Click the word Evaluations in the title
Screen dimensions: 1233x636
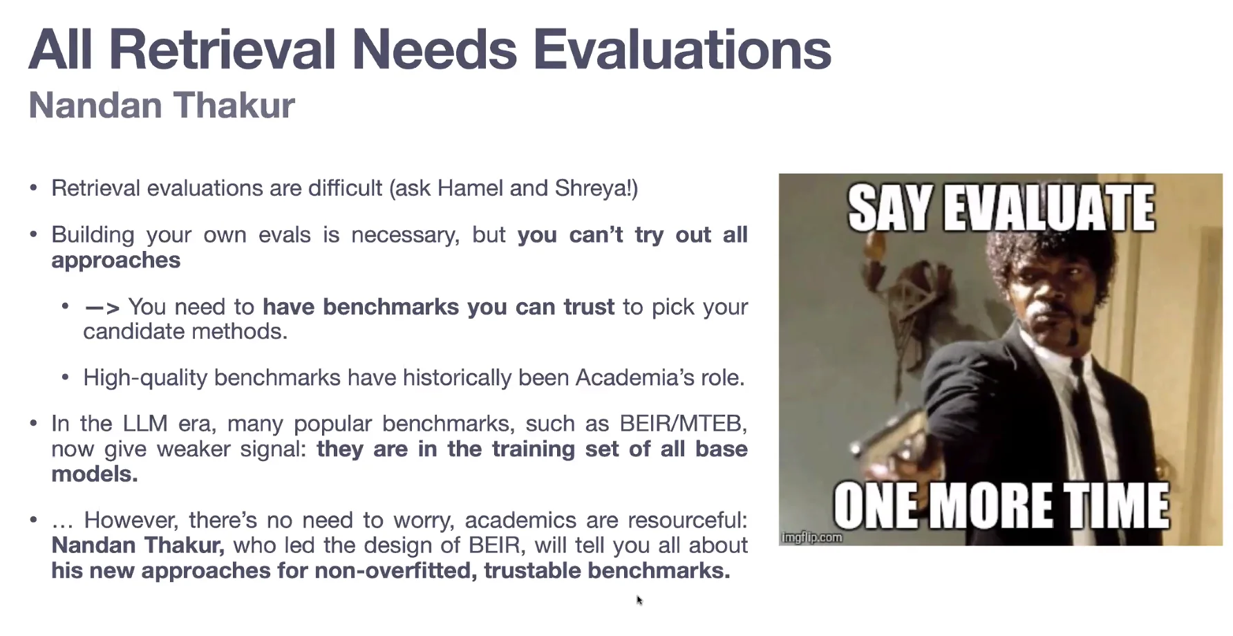(x=681, y=50)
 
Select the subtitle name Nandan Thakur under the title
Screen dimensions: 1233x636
(x=162, y=105)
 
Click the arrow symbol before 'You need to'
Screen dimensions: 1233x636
(x=102, y=307)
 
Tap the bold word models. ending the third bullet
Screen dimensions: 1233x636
(x=95, y=474)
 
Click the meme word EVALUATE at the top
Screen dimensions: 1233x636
(x=1049, y=207)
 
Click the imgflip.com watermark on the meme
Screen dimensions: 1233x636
(x=812, y=537)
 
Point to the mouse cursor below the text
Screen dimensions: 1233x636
(x=639, y=600)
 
